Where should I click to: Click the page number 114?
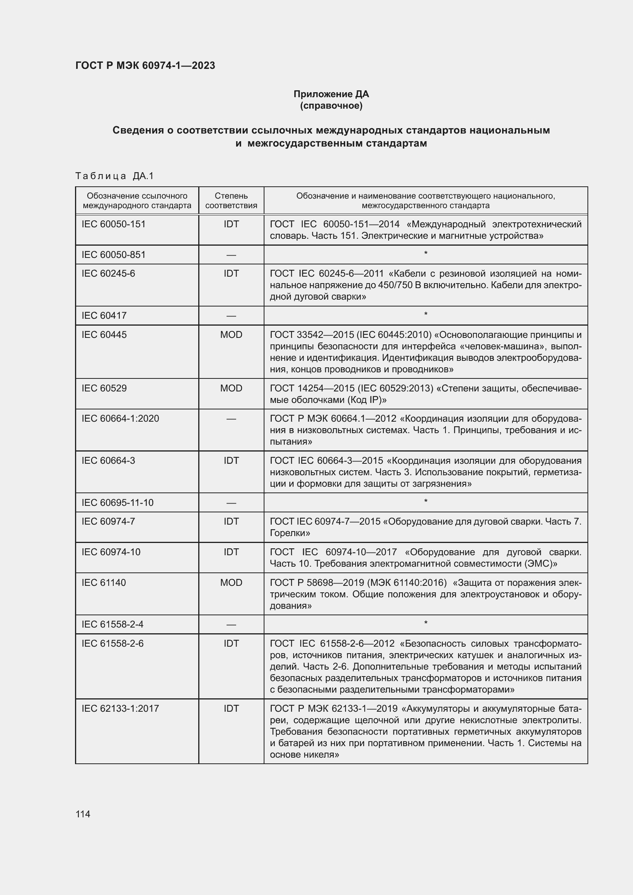(83, 814)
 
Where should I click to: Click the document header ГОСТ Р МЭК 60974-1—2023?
(145, 65)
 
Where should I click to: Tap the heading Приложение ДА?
(331, 94)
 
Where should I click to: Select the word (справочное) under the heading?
(331, 106)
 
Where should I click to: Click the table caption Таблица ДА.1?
(114, 176)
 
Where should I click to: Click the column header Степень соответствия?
(231, 201)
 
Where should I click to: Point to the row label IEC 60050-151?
(113, 224)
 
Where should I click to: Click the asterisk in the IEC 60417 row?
(426, 314)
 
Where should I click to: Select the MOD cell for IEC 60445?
(231, 334)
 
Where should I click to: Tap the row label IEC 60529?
(104, 388)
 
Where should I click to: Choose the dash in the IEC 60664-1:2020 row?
(231, 419)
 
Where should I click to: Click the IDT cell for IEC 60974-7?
(231, 521)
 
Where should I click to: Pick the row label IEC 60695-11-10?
(117, 502)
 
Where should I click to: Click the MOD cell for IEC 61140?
(231, 582)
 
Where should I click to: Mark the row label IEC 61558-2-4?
(112, 624)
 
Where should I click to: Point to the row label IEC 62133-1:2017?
(120, 708)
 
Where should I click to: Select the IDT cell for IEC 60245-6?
(231, 273)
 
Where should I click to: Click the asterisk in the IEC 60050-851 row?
(426, 253)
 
